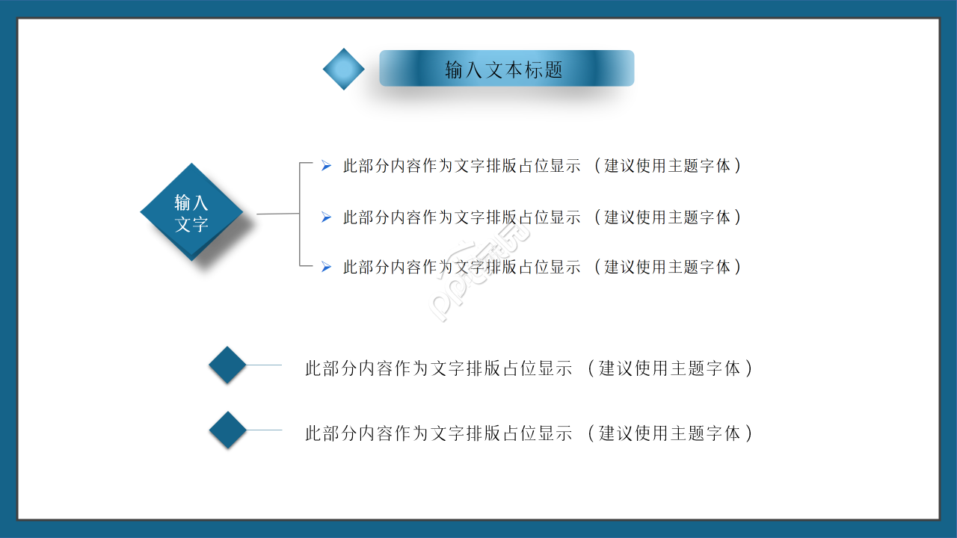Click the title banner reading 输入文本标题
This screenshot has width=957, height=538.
coord(506,69)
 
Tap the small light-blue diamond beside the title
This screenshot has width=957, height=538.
coord(344,69)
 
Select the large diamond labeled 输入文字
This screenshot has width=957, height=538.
coord(192,212)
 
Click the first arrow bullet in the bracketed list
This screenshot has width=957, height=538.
coord(326,166)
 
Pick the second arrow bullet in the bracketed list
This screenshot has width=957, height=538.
coord(326,217)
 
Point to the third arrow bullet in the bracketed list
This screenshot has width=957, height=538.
coord(326,266)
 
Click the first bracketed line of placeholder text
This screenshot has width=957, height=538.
coord(542,166)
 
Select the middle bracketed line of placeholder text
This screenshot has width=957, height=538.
coord(542,217)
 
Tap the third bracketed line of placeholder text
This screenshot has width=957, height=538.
coord(542,266)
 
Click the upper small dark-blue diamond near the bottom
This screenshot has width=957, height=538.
coord(227,365)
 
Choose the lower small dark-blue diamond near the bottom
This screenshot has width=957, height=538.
coord(227,430)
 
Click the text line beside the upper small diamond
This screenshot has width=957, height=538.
coord(529,368)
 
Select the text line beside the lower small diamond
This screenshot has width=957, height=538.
coord(529,433)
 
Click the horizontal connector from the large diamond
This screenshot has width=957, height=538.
coord(277,214)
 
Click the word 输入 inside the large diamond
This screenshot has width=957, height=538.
coord(191,202)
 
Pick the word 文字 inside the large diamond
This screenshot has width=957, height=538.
coord(191,224)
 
